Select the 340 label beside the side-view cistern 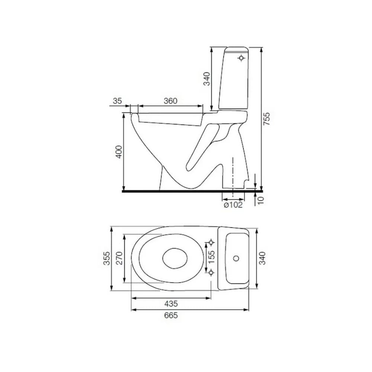click(x=206, y=78)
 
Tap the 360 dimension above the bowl click(x=170, y=101)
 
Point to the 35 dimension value click(x=117, y=101)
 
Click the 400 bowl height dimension click(x=118, y=152)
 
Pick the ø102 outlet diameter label click(x=233, y=205)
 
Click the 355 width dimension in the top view click(x=106, y=258)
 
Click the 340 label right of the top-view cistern click(x=263, y=258)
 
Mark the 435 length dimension click(x=171, y=303)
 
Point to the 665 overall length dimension click(x=171, y=315)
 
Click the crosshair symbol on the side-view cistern click(x=242, y=58)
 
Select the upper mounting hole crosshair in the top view click(x=211, y=243)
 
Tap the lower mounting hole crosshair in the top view click(x=211, y=273)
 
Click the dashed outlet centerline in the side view click(x=233, y=175)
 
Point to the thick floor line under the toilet click(x=186, y=191)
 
